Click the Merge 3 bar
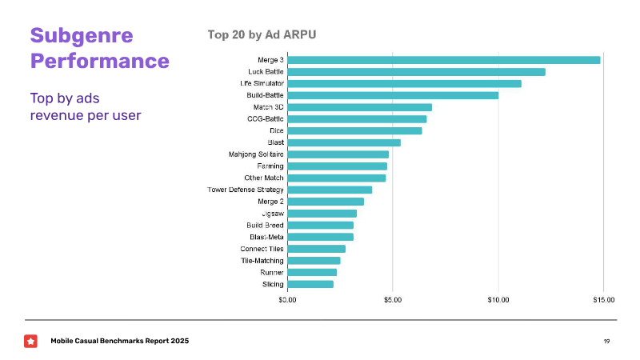[x=443, y=60]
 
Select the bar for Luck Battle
[x=416, y=72]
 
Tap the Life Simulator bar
[x=404, y=83]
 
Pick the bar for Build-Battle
[x=393, y=95]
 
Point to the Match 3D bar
[x=359, y=107]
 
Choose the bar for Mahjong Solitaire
[x=338, y=154]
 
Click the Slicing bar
[x=310, y=284]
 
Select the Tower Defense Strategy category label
[x=246, y=190]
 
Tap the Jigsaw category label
[x=272, y=214]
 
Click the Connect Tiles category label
[x=262, y=249]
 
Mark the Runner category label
[x=271, y=272]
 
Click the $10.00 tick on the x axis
[x=498, y=300]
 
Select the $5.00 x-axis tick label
[x=393, y=300]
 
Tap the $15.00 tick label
[x=604, y=300]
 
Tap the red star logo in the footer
[x=30, y=341]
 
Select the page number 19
[x=606, y=342]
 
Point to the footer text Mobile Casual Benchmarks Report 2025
[x=120, y=342]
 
